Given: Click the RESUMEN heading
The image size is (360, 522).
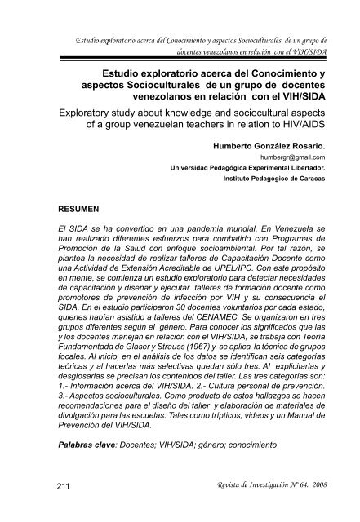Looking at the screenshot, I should (72, 209).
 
